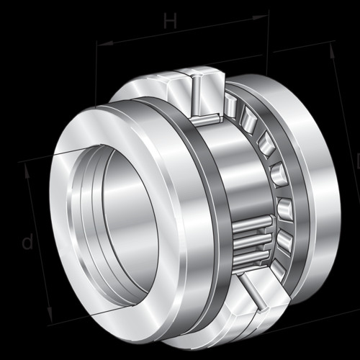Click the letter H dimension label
tap(171, 21)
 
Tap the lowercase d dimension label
tap(27, 241)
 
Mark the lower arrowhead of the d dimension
tap(50, 315)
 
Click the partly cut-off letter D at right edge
tap(358, 161)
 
